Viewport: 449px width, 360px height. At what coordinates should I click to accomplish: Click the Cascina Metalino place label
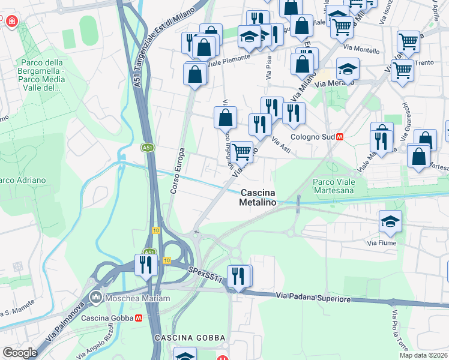tap(259, 198)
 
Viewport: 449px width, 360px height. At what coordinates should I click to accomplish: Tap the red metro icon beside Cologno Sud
tap(340, 136)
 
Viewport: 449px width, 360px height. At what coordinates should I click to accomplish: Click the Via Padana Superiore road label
tap(313, 297)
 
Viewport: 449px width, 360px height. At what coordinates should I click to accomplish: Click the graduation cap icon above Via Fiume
tap(390, 221)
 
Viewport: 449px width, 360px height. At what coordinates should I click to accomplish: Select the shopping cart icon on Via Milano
tap(241, 152)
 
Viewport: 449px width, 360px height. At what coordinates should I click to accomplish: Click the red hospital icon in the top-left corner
tap(11, 22)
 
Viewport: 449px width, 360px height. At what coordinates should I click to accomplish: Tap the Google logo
tap(20, 353)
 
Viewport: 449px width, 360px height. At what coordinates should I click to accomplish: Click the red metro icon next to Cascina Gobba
tap(139, 318)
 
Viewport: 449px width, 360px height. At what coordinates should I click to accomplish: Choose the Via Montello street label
tap(359, 49)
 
